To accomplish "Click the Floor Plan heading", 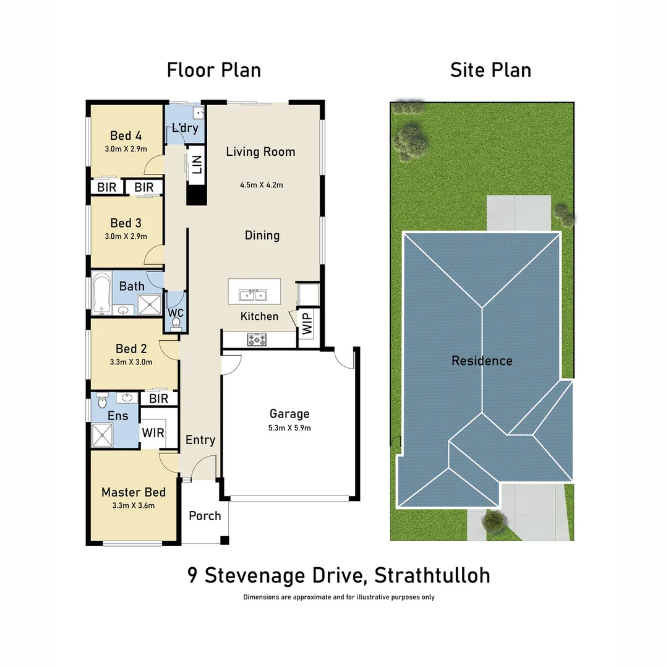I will click(x=213, y=70).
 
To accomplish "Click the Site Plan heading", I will click(x=490, y=70).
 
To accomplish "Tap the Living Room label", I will click(x=260, y=152).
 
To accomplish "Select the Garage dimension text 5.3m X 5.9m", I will click(x=289, y=427).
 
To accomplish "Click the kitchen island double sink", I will click(x=253, y=294).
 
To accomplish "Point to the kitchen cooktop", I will click(x=256, y=339).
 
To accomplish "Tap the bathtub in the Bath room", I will click(x=101, y=294).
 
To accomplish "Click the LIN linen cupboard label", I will click(x=197, y=165).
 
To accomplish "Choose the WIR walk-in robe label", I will click(x=153, y=432).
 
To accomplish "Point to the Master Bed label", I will click(x=134, y=492).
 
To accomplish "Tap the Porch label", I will click(x=205, y=515).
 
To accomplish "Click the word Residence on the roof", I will click(x=482, y=361).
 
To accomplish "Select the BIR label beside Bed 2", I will click(x=159, y=398).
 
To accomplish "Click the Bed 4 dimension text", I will click(x=126, y=149).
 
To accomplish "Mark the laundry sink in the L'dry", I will click(x=198, y=113).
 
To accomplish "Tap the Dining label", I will click(x=262, y=235).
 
